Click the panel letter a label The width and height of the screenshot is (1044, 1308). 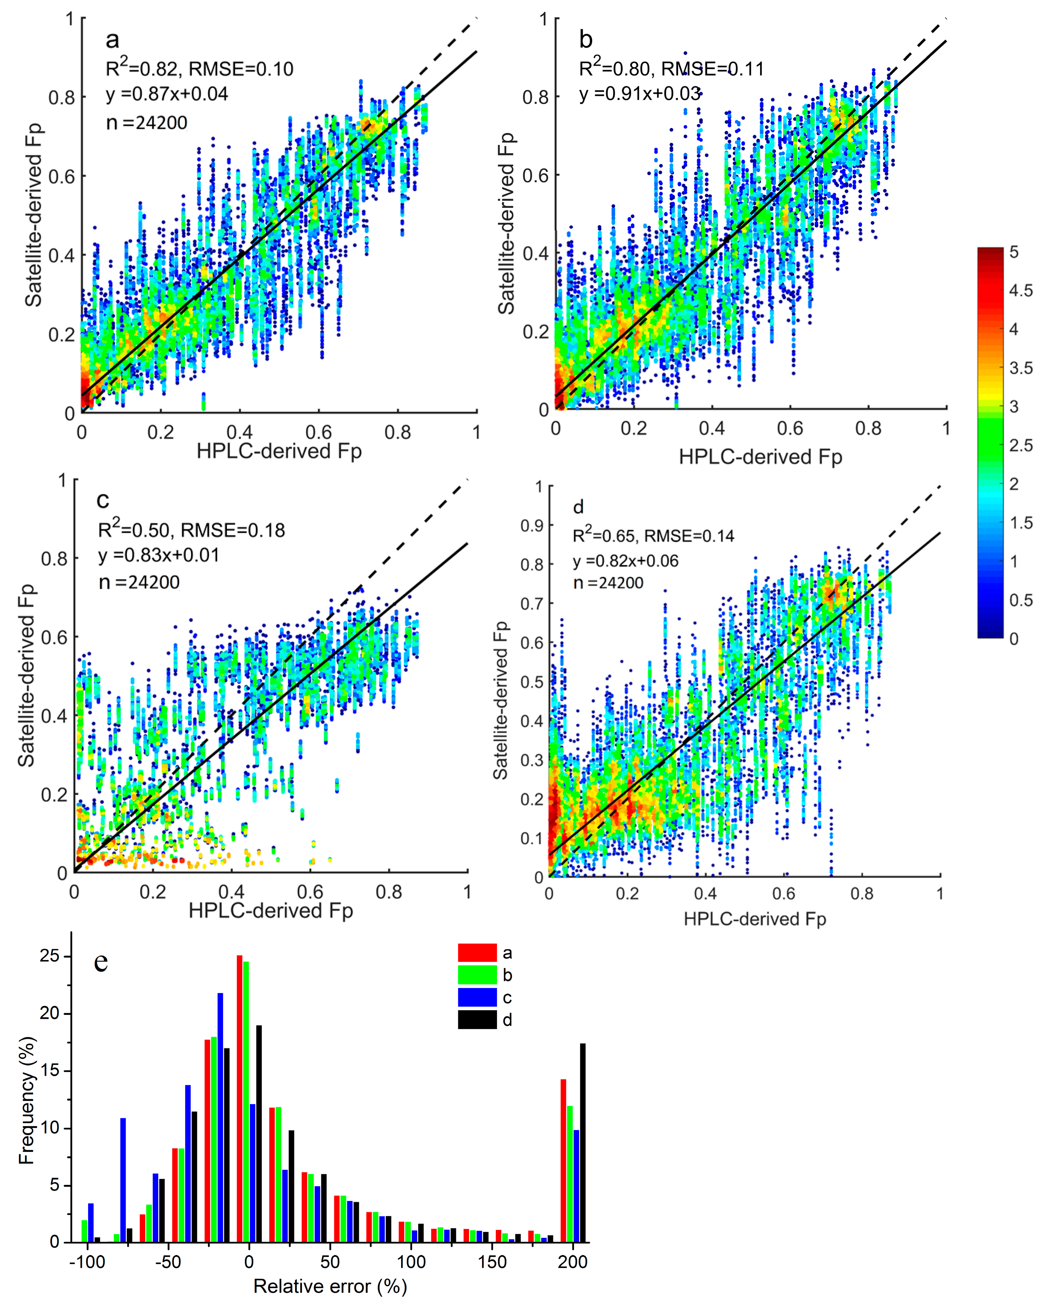click(x=112, y=40)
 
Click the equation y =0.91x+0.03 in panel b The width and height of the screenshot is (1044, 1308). click(x=640, y=94)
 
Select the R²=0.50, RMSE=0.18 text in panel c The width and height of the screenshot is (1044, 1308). click(x=191, y=531)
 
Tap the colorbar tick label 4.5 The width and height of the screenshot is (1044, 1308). click(x=1020, y=290)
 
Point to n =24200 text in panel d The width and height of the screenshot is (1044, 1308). click(x=608, y=583)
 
